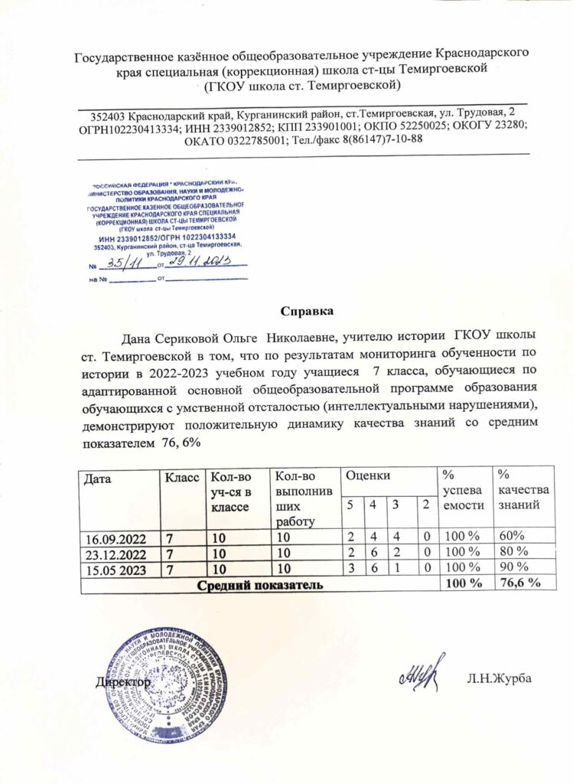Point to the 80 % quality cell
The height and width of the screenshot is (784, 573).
[x=512, y=550]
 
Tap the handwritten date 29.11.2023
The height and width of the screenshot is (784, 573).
[x=197, y=263]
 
